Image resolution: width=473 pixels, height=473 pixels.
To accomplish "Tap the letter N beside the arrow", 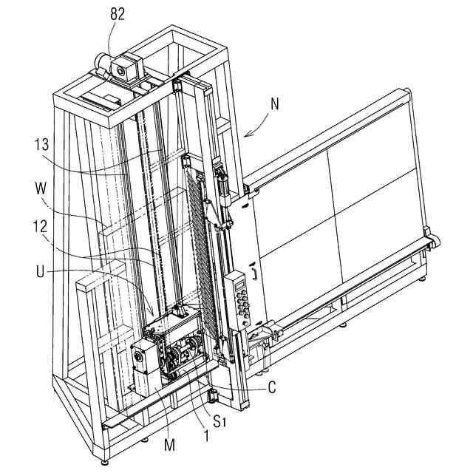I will pyautogui.click(x=275, y=104).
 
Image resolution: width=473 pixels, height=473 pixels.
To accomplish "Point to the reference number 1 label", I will pyautogui.click(x=207, y=436).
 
